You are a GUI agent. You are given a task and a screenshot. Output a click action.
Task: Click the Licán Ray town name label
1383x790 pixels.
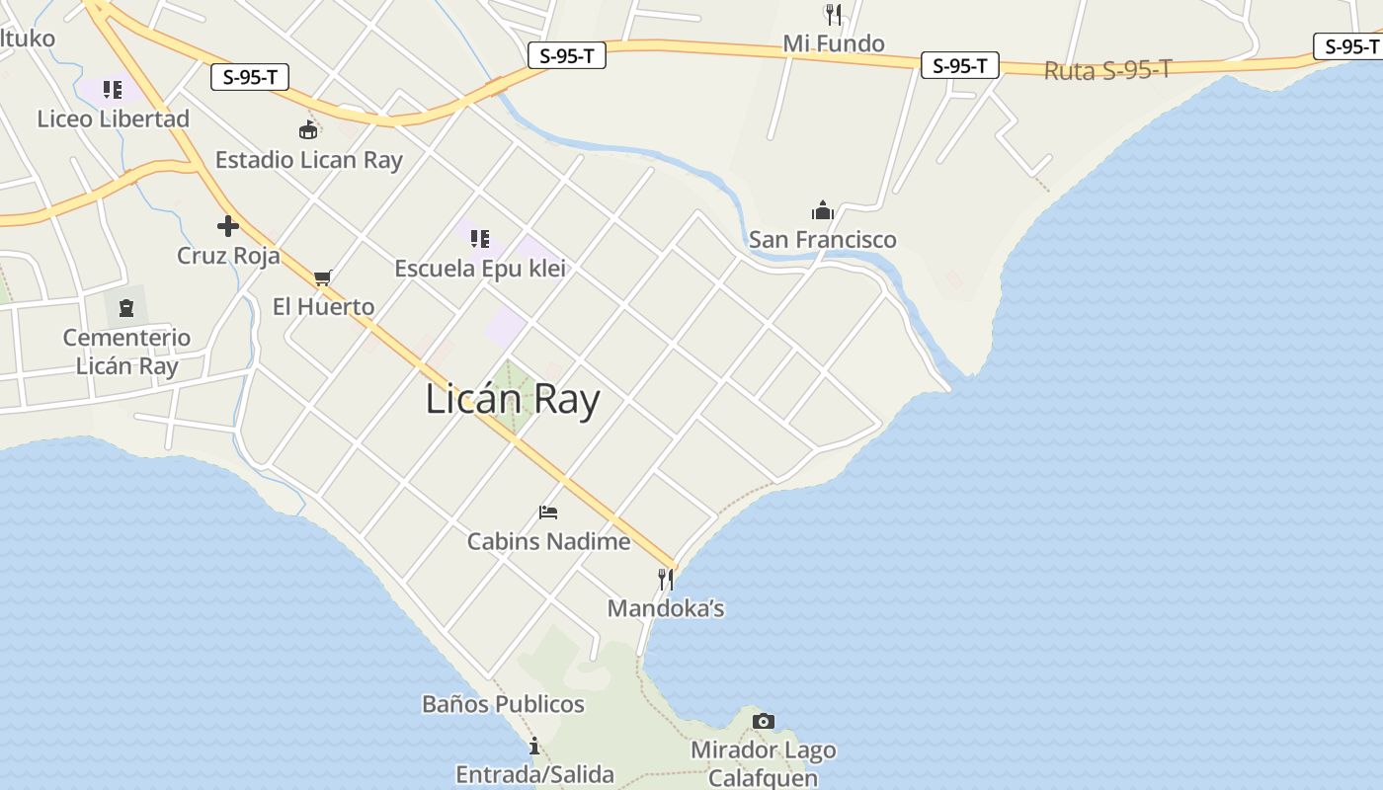coord(513,400)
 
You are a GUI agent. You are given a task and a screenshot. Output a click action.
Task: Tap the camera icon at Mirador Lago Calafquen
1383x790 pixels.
coord(763,722)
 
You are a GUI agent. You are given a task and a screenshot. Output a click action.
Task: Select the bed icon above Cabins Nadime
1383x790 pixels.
coord(548,512)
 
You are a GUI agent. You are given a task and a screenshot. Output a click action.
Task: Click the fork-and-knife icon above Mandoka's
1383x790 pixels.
coord(666,579)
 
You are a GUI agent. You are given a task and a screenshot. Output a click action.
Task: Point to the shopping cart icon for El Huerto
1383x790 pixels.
coord(322,277)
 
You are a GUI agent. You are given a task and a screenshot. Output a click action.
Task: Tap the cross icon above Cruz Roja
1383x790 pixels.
coord(228,226)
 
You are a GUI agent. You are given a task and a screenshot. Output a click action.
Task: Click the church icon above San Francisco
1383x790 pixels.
coord(823,210)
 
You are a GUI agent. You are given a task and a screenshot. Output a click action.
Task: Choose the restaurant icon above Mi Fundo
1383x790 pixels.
coord(834,14)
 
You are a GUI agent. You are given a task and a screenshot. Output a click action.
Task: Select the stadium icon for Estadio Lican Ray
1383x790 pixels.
coord(308,129)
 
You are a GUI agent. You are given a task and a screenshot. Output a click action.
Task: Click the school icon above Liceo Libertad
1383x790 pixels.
coord(113,90)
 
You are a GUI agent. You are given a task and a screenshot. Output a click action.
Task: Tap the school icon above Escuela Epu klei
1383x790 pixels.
coord(480,238)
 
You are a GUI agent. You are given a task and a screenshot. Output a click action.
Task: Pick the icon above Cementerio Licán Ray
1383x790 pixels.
coord(126,308)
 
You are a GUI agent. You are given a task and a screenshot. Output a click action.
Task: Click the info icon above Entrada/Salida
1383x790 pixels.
coord(534,746)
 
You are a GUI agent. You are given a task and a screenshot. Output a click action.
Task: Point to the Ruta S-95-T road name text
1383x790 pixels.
coord(1107,70)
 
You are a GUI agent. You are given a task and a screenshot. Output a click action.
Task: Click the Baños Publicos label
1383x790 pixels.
coord(503,704)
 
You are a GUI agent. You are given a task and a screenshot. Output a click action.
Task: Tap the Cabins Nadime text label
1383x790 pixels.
coord(548,541)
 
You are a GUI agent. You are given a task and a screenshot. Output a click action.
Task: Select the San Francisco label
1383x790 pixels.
coord(823,240)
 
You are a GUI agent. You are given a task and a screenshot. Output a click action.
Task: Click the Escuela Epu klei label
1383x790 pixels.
coord(480,269)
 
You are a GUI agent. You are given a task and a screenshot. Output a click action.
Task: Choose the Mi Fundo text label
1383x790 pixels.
coord(834,43)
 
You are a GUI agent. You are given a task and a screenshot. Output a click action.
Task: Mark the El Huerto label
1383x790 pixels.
coord(323,307)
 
